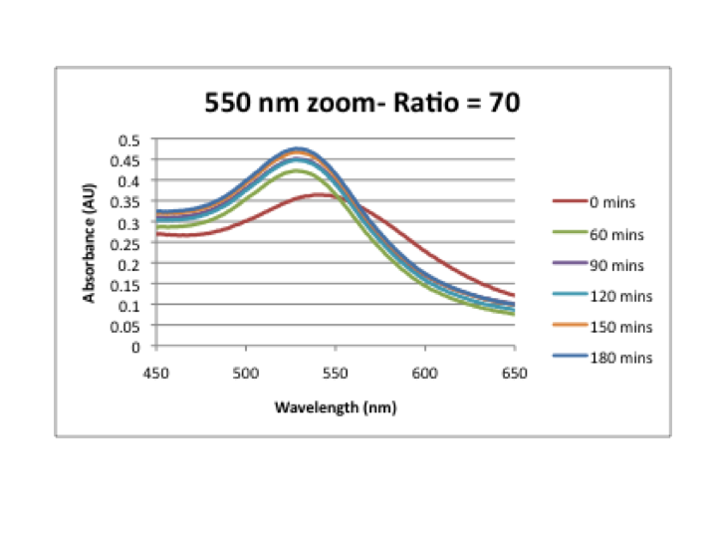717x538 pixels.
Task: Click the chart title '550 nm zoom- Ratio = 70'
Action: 361,103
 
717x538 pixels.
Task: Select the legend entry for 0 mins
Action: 611,202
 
